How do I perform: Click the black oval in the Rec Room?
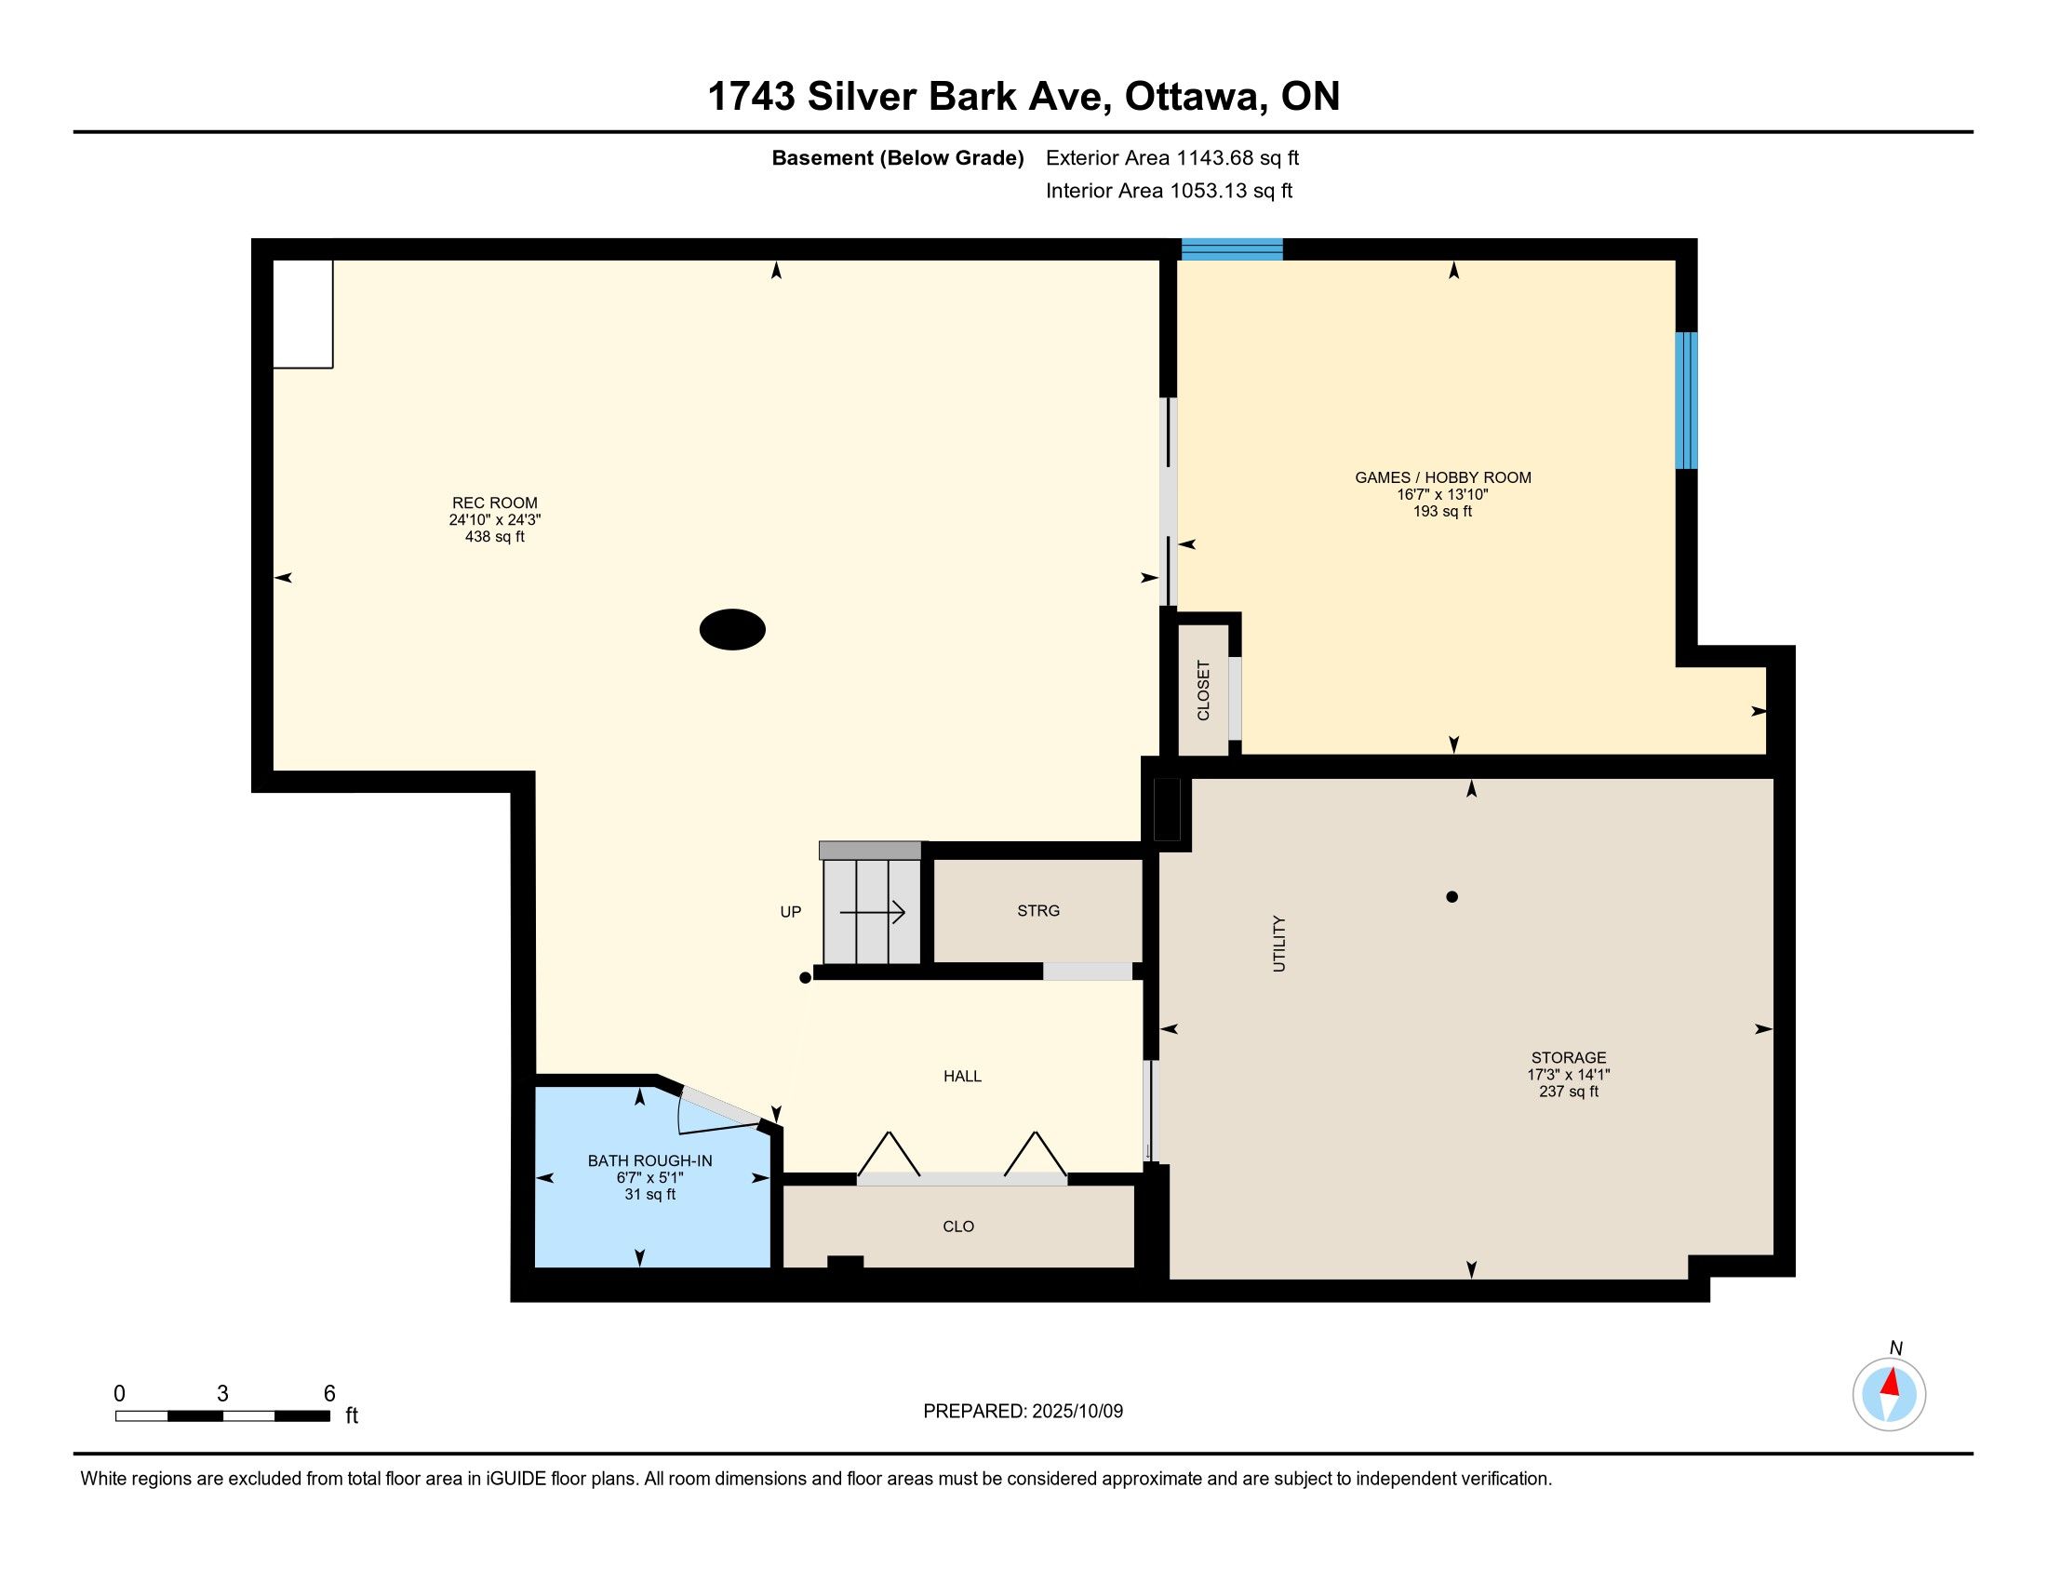(732, 629)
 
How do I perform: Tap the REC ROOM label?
(495, 503)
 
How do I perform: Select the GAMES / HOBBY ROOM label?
(1442, 477)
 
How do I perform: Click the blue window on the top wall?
(1232, 249)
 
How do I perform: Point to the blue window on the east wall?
(1686, 400)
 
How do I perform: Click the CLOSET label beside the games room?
(1203, 690)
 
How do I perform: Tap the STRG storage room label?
(1038, 910)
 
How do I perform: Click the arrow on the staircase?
(872, 911)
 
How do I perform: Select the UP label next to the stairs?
(790, 912)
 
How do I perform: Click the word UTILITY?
(1279, 943)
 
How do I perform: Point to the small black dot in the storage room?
(1452, 897)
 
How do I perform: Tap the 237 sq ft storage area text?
(1568, 1092)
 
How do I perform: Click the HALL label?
(963, 1076)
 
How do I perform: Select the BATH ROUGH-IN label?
(649, 1160)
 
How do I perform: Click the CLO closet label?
(958, 1226)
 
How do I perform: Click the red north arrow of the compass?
(1891, 1382)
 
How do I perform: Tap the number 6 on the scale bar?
(329, 1394)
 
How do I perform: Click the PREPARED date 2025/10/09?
(1077, 1411)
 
